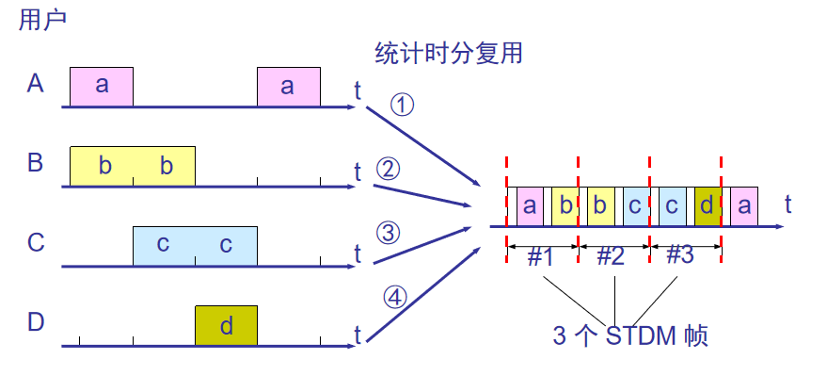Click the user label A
click(36, 84)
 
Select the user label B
click(36, 163)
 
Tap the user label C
click(36, 243)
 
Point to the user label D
click(36, 322)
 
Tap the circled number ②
click(388, 169)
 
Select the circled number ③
click(388, 232)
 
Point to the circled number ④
click(395, 297)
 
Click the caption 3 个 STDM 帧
click(630, 335)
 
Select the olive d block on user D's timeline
click(226, 325)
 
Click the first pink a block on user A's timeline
click(102, 87)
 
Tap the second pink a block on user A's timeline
click(288, 87)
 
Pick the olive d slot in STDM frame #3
click(708, 205)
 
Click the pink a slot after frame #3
click(744, 205)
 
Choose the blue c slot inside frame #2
click(635, 205)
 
